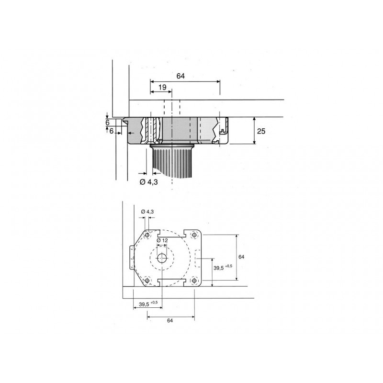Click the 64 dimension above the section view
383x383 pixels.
(180, 76)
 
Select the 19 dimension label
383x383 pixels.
(162, 87)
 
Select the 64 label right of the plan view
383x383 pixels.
(241, 257)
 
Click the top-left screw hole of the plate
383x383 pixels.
(147, 235)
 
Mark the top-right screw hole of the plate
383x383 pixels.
(193, 235)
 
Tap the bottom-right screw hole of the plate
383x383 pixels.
(193, 280)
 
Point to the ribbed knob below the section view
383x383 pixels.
(172, 160)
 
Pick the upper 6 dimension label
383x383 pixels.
(108, 123)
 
